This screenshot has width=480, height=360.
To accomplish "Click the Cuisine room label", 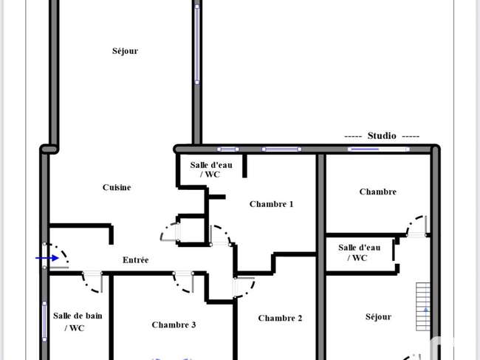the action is point(117,187).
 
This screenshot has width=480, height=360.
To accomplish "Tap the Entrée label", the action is point(136,259).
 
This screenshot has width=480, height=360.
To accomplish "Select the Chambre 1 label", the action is point(271,204).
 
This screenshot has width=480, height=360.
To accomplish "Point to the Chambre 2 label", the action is point(280,319).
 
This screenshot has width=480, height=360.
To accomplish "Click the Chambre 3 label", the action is point(174,325).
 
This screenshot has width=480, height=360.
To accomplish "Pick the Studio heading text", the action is point(382,135).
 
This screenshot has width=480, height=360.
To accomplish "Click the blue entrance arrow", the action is point(47,258).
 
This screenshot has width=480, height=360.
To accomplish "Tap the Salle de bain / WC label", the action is point(78,322).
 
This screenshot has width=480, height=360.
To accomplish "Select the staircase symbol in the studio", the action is point(422,307).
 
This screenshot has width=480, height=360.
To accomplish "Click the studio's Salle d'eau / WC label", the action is point(360,253).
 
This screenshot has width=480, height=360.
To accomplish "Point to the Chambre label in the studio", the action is point(378,191).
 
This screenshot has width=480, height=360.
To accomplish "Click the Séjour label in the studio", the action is point(378,317).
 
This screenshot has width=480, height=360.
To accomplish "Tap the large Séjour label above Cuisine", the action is point(125,51).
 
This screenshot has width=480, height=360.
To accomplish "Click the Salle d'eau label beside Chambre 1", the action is point(211,169).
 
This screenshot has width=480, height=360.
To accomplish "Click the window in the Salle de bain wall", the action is point(44,321).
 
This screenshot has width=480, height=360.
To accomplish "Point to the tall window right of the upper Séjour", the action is point(197,44).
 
